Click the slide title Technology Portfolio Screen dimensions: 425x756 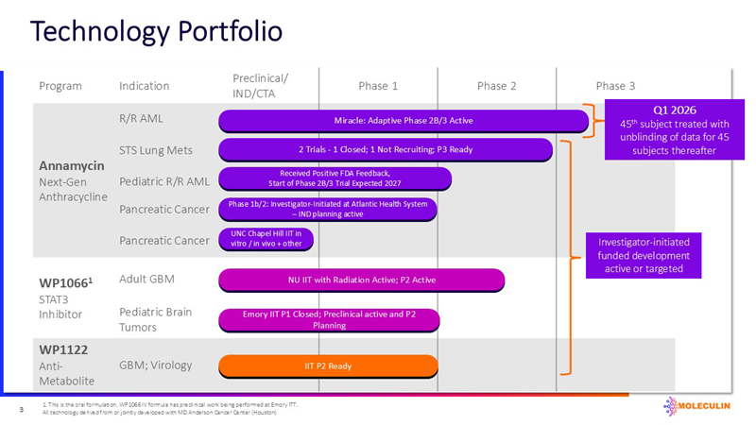pos(156,31)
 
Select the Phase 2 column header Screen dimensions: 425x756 pos(496,86)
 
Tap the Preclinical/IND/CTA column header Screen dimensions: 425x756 pos(261,86)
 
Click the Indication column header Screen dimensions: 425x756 pos(144,86)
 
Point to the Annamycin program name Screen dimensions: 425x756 pos(63,163)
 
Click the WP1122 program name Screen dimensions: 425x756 pos(63,349)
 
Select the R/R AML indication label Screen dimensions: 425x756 pos(138,120)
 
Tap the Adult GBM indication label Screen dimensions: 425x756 pos(147,280)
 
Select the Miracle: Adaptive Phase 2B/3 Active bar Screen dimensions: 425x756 pos(404,121)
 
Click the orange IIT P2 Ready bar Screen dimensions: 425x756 pos(328,365)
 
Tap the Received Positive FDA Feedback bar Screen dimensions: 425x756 pos(335,178)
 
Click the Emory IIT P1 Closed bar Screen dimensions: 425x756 pos(328,319)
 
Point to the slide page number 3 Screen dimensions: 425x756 pos(21,410)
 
